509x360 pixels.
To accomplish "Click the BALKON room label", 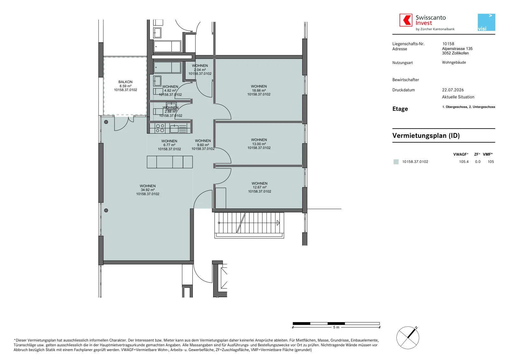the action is pyautogui.click(x=125, y=82).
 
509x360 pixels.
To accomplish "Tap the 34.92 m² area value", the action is pyautogui.click(x=148, y=190).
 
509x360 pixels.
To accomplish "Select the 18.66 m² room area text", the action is pyautogui.click(x=259, y=90).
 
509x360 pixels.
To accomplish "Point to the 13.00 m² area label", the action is pyautogui.click(x=259, y=144).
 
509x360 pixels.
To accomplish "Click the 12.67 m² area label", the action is pyautogui.click(x=260, y=187).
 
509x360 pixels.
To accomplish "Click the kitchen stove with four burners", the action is pyautogui.click(x=160, y=128).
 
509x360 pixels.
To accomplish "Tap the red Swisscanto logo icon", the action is pyautogui.click(x=406, y=20).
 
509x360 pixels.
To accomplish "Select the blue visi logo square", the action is pyautogui.click(x=486, y=22).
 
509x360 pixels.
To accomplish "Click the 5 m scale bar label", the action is pyautogui.click(x=336, y=327).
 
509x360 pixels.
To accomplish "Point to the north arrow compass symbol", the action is pyautogui.click(x=408, y=338).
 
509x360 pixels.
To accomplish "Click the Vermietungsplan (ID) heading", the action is pyautogui.click(x=426, y=136).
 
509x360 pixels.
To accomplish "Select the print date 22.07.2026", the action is pyautogui.click(x=453, y=90).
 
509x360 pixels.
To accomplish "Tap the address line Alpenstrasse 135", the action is pyautogui.click(x=457, y=49).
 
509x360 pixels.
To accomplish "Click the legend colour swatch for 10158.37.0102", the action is pyautogui.click(x=396, y=162).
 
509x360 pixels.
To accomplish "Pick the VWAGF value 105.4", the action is pyautogui.click(x=464, y=162).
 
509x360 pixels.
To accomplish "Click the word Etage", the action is pyautogui.click(x=400, y=109).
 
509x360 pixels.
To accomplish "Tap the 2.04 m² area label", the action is pyautogui.click(x=200, y=70).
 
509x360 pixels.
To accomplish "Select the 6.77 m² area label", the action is pyautogui.click(x=169, y=145).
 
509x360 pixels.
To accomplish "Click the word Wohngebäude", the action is pyautogui.click(x=454, y=62).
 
